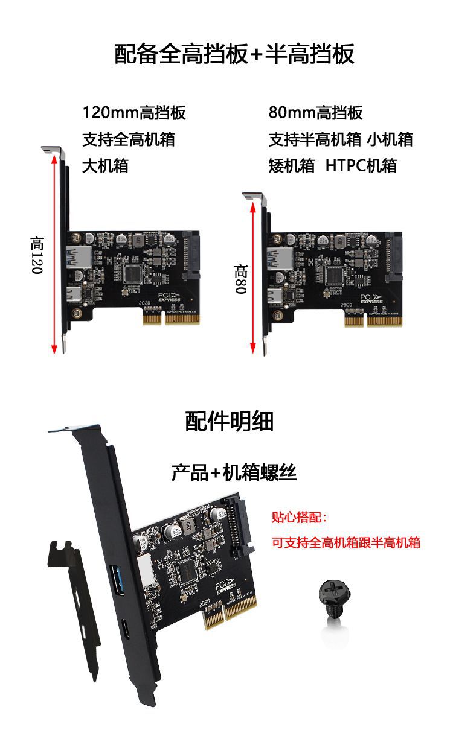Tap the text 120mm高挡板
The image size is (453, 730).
[x=134, y=113]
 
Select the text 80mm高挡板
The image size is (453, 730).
[x=315, y=113]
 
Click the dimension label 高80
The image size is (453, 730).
[x=241, y=279]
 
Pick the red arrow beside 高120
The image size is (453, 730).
[x=55, y=253]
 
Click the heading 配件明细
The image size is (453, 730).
[x=230, y=422]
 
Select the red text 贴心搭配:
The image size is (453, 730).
[x=299, y=518]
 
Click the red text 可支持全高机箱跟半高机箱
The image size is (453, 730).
[x=346, y=542]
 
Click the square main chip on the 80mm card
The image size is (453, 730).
[x=335, y=275]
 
